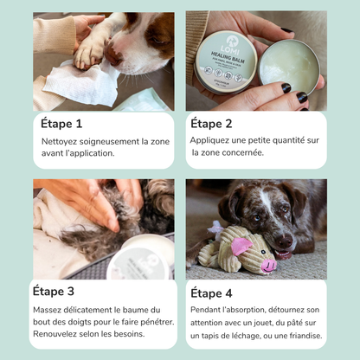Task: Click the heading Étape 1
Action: pyautogui.click(x=62, y=123)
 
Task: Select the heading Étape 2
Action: pyautogui.click(x=213, y=123)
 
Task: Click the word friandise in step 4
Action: pyautogui.click(x=302, y=336)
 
